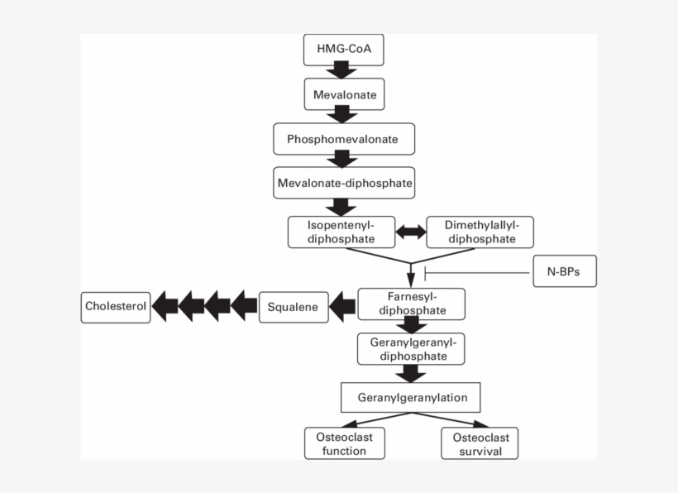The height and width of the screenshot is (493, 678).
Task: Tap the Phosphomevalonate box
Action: point(342,139)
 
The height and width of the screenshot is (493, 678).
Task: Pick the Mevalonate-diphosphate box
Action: point(343,182)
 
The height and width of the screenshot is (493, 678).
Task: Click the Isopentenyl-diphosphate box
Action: point(340,232)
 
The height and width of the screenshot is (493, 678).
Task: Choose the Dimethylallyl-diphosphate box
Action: point(480,232)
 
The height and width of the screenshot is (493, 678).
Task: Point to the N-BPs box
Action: point(564,271)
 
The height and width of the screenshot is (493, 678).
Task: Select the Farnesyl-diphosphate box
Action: point(411,304)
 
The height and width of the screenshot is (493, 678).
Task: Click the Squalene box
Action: point(293,307)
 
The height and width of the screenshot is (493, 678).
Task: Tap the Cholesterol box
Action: point(116,307)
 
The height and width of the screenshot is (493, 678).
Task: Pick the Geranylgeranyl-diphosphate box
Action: point(411,348)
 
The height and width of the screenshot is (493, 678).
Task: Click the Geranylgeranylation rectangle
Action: point(412,397)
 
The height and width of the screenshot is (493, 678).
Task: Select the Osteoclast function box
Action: point(346,443)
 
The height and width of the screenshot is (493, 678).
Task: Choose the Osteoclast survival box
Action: point(480,443)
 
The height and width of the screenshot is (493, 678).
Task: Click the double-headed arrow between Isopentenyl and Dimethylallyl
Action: point(410,232)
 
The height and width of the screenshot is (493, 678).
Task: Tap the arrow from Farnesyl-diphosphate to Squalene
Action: point(342,307)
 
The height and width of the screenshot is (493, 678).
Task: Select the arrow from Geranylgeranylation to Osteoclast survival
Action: point(446,419)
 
